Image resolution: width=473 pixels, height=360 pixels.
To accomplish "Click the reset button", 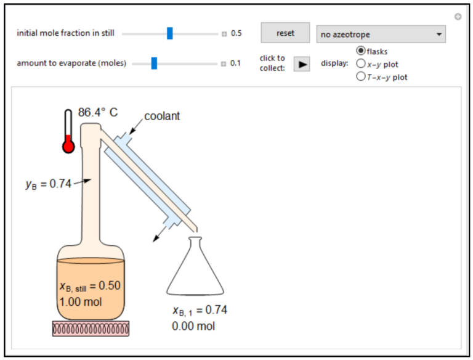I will coord(285,33).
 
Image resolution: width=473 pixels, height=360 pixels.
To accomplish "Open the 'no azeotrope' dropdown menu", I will coord(381,35).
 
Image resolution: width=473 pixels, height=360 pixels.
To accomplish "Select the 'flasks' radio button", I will coord(361,51).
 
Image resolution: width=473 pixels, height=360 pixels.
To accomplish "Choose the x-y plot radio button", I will coord(361,64).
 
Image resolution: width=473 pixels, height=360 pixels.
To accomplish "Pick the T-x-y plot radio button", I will coord(361,77).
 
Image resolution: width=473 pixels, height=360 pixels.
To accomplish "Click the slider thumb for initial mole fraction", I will coord(170,33).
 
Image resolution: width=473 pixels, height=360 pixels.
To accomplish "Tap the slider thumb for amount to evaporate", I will coord(155,63).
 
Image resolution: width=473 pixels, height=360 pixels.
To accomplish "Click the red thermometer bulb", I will coord(68,146).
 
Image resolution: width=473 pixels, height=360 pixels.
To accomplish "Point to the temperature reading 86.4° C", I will coord(98,113).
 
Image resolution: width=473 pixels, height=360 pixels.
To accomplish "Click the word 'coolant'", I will coord(162,117).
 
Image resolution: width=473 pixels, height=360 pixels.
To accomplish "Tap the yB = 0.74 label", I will coord(49,184).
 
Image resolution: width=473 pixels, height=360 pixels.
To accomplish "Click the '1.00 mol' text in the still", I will coord(81,302).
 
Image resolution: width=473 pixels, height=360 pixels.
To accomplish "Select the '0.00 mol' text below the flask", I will coord(193,325).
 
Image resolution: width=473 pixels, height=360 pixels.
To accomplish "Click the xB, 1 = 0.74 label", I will coord(200,310).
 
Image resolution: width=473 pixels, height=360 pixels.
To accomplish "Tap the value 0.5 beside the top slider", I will coord(236,33).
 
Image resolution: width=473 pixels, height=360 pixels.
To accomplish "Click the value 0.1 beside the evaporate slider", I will coord(235,63).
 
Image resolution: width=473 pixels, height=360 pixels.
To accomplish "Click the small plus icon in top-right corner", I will coord(458,17).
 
